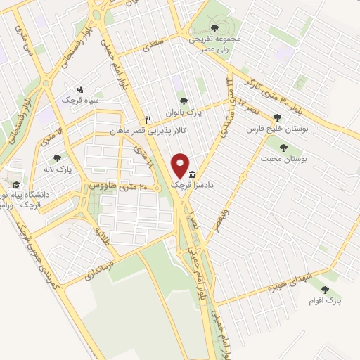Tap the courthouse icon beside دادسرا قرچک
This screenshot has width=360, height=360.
(192, 174)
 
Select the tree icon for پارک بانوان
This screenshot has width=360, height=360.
(184, 101)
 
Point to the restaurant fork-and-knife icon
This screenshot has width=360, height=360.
(148, 119)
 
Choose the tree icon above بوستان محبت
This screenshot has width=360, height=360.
(283, 148)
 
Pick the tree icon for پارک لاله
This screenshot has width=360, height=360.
(57, 157)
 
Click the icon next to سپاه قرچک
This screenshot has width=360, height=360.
(80, 89)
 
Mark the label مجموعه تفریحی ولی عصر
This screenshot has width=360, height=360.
(215, 44)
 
